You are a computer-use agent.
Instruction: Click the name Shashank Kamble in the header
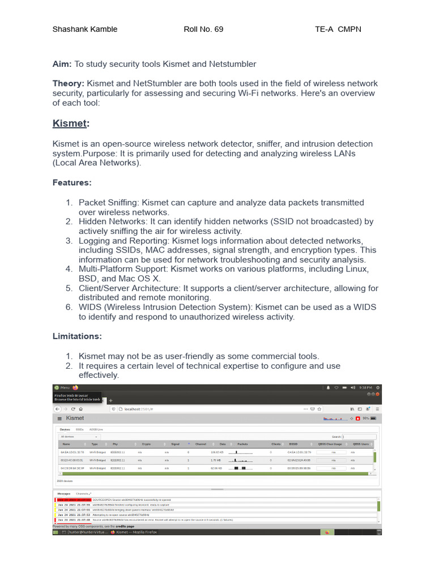pos(85,29)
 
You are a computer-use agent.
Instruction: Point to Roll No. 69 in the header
pos(204,29)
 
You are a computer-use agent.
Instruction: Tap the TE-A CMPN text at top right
pos(338,29)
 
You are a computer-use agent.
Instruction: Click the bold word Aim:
pos(62,64)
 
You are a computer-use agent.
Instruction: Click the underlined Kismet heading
pos(70,123)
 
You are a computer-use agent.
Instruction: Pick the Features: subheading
pos(72,182)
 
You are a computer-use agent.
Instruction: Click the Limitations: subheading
pos(77,336)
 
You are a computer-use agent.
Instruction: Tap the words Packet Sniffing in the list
pos(109,202)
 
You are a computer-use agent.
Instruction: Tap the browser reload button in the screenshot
pos(72,408)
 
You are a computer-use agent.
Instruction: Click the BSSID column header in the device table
pos(292,444)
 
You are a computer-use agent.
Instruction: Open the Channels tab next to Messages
pos(83,494)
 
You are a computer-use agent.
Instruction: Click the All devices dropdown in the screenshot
pos(79,437)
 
